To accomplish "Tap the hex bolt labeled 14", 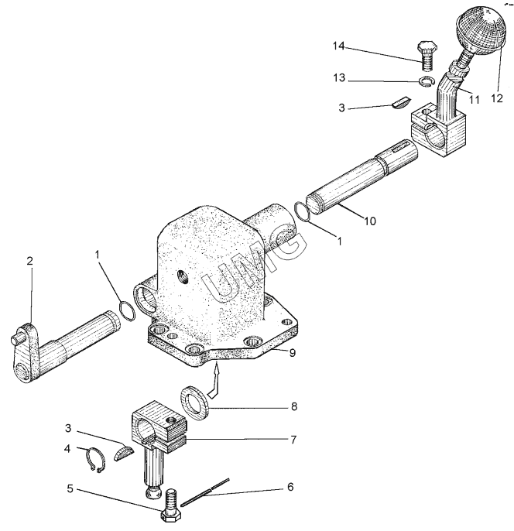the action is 427,56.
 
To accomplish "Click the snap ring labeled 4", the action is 94,460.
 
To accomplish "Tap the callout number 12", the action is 497,98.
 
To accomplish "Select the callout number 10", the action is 370,221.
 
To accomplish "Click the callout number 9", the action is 293,352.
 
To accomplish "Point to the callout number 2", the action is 29,261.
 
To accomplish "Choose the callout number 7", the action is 293,440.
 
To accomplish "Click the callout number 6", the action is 290,487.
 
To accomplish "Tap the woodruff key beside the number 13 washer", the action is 402,103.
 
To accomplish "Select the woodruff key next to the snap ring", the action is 123,454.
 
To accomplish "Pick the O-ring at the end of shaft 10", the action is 302,212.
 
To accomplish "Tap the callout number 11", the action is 474,100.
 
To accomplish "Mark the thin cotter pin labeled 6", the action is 205,492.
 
